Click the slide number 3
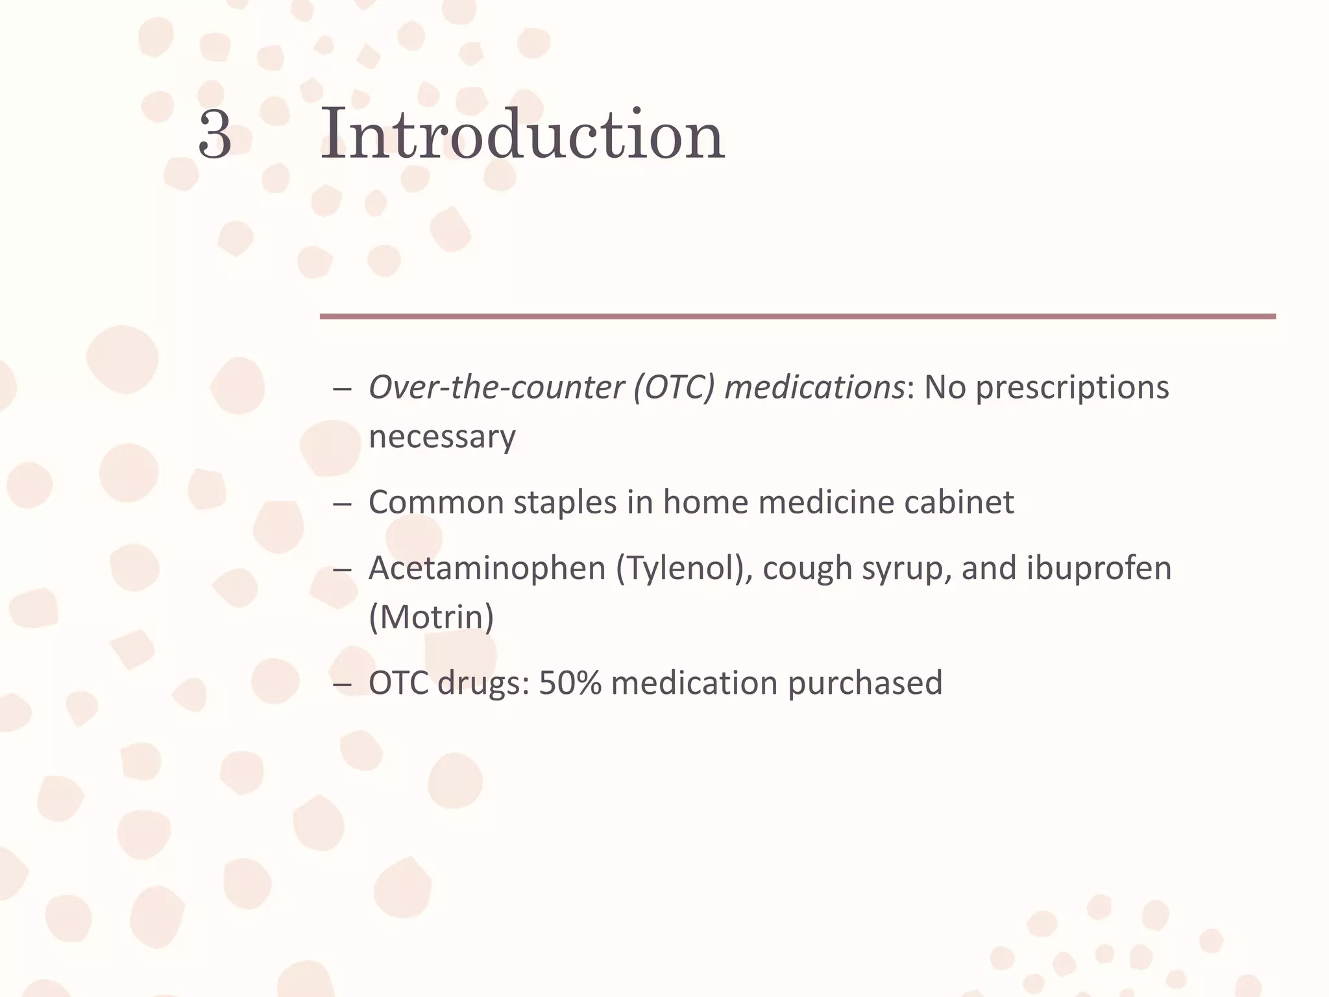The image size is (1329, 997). [x=215, y=135]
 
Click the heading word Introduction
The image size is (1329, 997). [x=522, y=134]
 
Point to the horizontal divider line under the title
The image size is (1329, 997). [x=798, y=317]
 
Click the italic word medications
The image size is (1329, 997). [x=814, y=388]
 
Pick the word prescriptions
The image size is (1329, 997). [x=1072, y=388]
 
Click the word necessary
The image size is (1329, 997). [x=442, y=437]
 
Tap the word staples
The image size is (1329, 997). [x=565, y=502]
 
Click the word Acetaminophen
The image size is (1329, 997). [x=487, y=568]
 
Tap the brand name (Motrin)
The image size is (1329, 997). [x=432, y=617]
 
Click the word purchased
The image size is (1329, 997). [x=865, y=683]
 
